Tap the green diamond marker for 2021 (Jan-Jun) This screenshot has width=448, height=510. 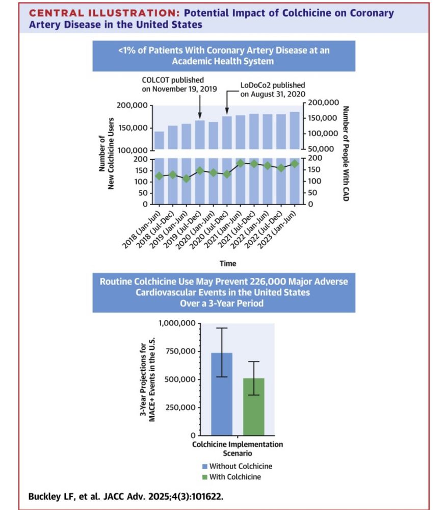click(x=241, y=164)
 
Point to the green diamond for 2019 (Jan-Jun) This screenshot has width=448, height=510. click(x=187, y=178)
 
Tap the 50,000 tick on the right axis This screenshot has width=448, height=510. click(x=320, y=148)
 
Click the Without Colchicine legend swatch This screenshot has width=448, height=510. click(x=204, y=466)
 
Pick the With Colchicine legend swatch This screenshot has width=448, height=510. click(x=204, y=477)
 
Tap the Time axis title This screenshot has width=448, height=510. click(x=228, y=263)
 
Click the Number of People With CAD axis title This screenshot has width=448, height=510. click(x=345, y=153)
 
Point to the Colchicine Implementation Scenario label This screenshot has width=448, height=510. click(x=237, y=448)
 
